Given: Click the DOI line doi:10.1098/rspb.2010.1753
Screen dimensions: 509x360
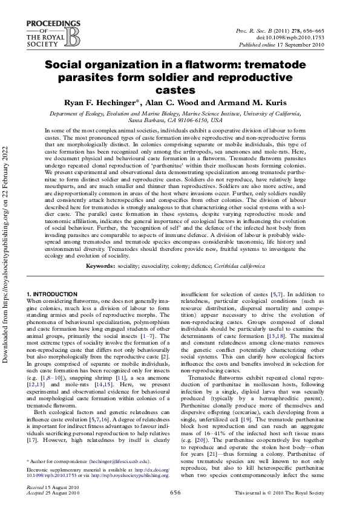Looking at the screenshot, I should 307,36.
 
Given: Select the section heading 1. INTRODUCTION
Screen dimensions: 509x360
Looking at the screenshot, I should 52,293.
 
